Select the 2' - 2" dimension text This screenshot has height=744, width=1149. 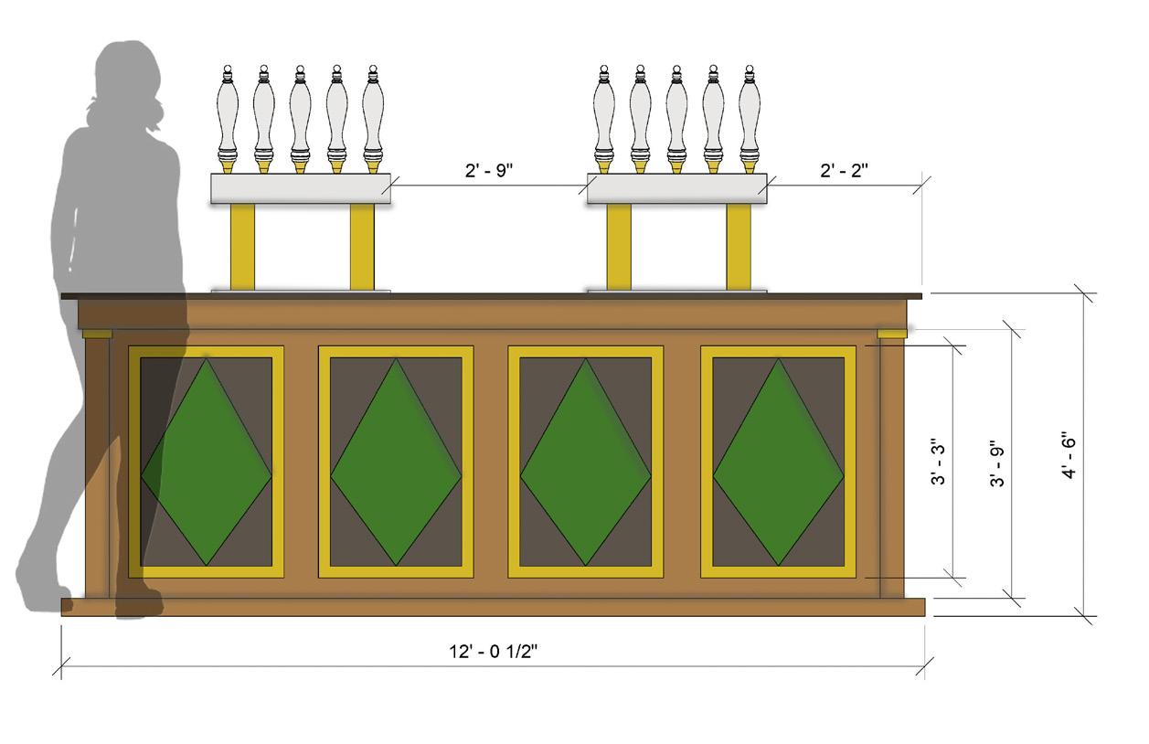(844, 171)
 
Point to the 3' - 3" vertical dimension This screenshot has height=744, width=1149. (939, 462)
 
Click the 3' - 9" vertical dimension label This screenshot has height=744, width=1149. (997, 464)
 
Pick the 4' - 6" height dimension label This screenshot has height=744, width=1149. (1069, 454)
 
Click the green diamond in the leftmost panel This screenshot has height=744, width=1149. (207, 462)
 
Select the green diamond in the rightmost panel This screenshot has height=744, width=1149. (778, 462)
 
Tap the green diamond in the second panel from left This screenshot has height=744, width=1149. (396, 462)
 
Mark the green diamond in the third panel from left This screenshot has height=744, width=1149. (586, 462)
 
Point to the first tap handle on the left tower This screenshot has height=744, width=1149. (228, 114)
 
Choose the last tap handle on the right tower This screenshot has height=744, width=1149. (750, 114)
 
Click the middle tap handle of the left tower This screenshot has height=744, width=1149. (300, 114)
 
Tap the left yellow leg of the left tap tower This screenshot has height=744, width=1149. (242, 246)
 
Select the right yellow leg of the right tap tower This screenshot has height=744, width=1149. (739, 246)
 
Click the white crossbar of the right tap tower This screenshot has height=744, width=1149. (676, 188)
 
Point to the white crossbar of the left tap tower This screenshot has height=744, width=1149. (301, 188)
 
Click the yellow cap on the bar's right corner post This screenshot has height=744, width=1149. (892, 334)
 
